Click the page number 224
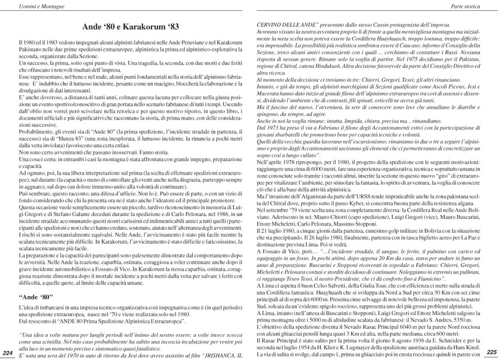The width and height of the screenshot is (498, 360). click(x=8, y=352)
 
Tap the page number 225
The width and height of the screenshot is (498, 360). click(x=491, y=352)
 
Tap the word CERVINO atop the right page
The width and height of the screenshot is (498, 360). click(x=270, y=25)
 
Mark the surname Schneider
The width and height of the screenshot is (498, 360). click(x=446, y=340)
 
